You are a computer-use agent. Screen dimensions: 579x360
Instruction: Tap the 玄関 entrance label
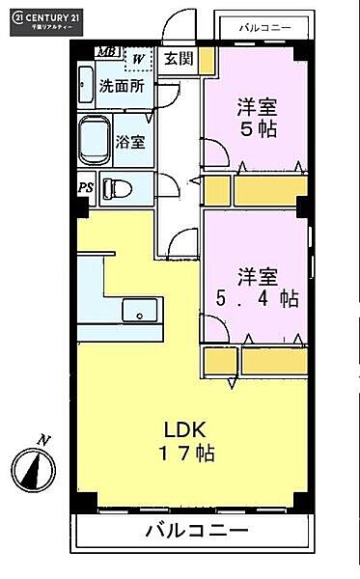(x=177, y=59)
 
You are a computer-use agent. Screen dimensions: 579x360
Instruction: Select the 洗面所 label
(x=123, y=85)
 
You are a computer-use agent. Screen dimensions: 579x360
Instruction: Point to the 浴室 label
(x=131, y=142)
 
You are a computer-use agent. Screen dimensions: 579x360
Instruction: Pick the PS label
(x=85, y=187)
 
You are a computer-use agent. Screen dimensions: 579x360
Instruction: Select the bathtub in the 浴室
(x=96, y=141)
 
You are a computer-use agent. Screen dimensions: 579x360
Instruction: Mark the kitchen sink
(x=143, y=312)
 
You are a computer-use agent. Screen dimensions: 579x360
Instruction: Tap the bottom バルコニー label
(x=197, y=530)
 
